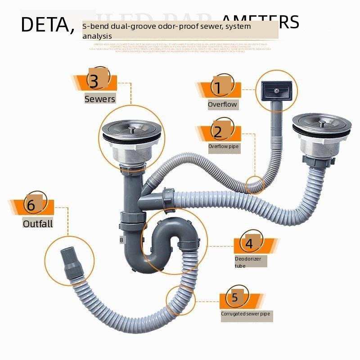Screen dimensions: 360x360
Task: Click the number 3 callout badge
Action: point(94,81)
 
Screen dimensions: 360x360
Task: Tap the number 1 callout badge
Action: point(218,88)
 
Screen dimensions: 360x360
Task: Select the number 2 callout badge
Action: point(218,132)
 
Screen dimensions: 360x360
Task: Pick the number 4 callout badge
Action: point(249,243)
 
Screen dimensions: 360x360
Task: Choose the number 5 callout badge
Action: point(234,297)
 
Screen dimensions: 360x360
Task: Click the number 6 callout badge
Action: point(31,205)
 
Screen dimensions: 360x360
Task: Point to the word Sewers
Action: point(100,99)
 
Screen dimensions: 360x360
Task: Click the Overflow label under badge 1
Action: point(222,104)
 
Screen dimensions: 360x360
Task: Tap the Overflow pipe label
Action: point(224,146)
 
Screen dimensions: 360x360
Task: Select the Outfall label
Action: point(38,223)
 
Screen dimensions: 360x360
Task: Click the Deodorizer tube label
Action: point(247,262)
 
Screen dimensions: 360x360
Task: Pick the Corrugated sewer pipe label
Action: point(246,314)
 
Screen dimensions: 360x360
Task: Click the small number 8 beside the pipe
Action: point(121,240)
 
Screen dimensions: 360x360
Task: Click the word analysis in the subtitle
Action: point(97,36)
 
